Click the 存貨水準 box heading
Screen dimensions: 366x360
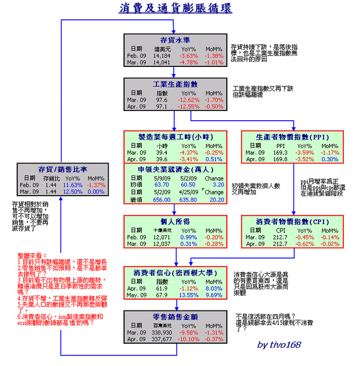click(175, 41)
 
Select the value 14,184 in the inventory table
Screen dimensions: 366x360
click(162, 55)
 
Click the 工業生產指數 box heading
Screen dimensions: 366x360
click(175, 85)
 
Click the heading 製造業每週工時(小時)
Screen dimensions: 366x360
click(175, 137)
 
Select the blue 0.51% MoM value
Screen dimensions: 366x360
click(214, 159)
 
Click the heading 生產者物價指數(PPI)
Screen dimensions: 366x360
click(292, 137)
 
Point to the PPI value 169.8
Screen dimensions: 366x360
click(280, 159)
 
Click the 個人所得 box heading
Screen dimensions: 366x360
click(175, 221)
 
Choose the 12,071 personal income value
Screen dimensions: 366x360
click(162, 236)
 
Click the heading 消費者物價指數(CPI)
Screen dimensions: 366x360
click(292, 221)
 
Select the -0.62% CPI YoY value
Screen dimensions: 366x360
click(307, 243)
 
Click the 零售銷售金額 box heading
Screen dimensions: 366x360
click(175, 317)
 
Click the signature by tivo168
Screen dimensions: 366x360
click(279, 345)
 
